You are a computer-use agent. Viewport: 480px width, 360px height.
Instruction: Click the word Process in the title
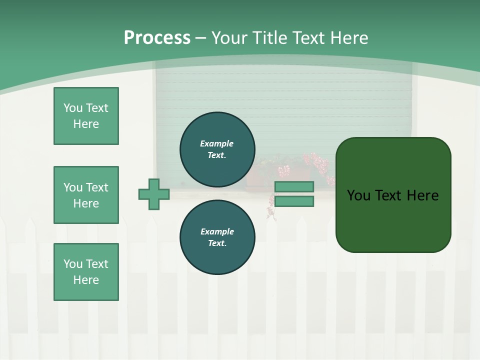point(157,37)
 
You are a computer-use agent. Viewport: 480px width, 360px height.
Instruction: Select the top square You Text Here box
point(86,116)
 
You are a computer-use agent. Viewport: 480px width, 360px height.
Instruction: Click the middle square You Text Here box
point(86,195)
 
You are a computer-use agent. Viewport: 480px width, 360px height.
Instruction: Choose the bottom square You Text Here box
point(86,272)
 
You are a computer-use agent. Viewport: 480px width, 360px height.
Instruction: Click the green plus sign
point(154,194)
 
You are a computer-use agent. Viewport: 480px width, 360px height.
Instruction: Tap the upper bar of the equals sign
point(294,186)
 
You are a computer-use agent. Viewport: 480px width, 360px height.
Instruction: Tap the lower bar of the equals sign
point(294,201)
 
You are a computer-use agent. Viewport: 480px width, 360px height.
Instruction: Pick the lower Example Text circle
point(217,237)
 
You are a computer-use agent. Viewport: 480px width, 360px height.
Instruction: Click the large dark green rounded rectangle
point(393,194)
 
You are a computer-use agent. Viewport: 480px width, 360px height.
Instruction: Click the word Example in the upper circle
point(217,143)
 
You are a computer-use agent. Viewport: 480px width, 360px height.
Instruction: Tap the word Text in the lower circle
point(217,243)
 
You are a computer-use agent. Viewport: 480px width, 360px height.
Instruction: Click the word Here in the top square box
point(86,124)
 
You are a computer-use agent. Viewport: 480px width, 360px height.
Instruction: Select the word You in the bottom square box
point(72,264)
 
